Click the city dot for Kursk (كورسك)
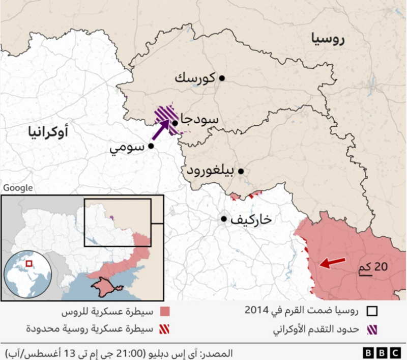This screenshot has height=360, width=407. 221,78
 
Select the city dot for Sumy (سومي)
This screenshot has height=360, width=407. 151,146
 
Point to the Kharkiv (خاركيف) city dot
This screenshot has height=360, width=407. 223,219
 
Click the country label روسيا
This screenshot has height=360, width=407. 326,39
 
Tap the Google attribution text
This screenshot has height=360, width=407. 17,188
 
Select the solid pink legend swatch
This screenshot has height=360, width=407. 164,311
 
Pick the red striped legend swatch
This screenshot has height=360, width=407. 164,329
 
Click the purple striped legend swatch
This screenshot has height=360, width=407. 372,329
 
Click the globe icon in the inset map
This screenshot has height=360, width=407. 28,274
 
